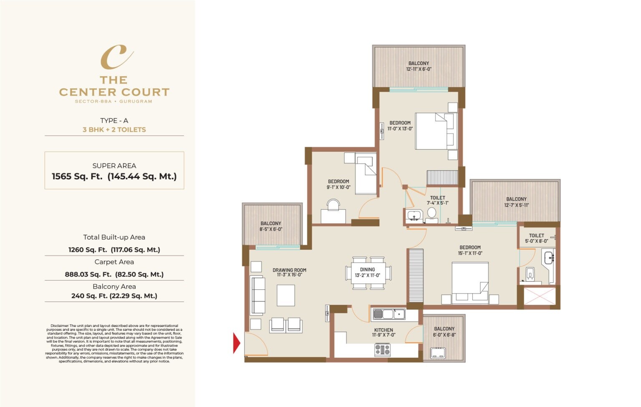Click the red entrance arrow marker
pyautogui.click(x=237, y=343)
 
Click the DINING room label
pyautogui.click(x=367, y=269)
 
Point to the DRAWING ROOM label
pyautogui.click(x=289, y=270)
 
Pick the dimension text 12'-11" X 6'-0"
pyautogui.click(x=419, y=69)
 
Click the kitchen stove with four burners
pyautogui.click(x=382, y=349)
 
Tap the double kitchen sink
pyautogui.click(x=389, y=314)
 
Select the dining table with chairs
pyautogui.click(x=368, y=274)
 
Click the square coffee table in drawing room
pyautogui.click(x=285, y=295)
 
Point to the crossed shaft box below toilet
pyautogui.click(x=540, y=297)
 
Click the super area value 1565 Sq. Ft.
pyautogui.click(x=77, y=176)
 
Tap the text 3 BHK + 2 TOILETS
pyautogui.click(x=114, y=130)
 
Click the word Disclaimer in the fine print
pyautogui.click(x=60, y=326)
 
